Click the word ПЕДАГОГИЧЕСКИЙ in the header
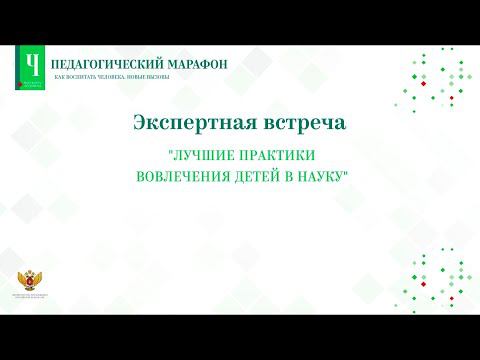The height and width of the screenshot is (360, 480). [100, 63]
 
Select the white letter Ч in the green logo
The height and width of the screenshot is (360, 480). [34, 64]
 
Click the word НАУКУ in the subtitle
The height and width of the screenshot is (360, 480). [321, 176]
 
